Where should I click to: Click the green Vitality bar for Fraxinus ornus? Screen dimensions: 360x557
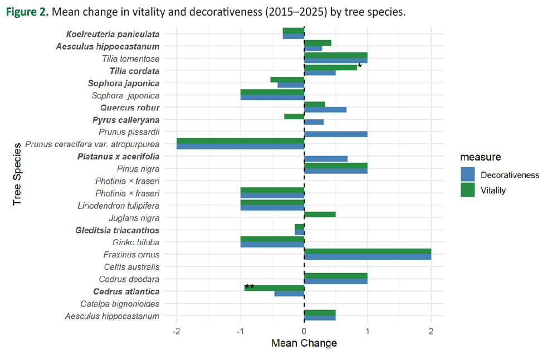click(x=368, y=252)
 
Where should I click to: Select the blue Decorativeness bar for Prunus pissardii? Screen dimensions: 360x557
click(x=335, y=134)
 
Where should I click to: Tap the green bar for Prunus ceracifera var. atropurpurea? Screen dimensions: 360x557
click(x=240, y=141)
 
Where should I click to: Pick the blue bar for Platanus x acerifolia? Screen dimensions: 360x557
click(x=326, y=159)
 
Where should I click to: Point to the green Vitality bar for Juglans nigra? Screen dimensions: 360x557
click(x=320, y=215)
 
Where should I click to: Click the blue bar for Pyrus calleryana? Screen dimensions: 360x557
click(x=314, y=122)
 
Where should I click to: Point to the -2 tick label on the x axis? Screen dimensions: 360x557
click(x=177, y=332)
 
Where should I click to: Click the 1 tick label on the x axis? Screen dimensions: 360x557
click(x=368, y=332)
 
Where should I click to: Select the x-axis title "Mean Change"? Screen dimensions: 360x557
click(x=304, y=343)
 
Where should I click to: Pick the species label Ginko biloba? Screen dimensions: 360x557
click(x=136, y=242)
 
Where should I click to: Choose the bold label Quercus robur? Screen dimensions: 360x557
click(x=130, y=108)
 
